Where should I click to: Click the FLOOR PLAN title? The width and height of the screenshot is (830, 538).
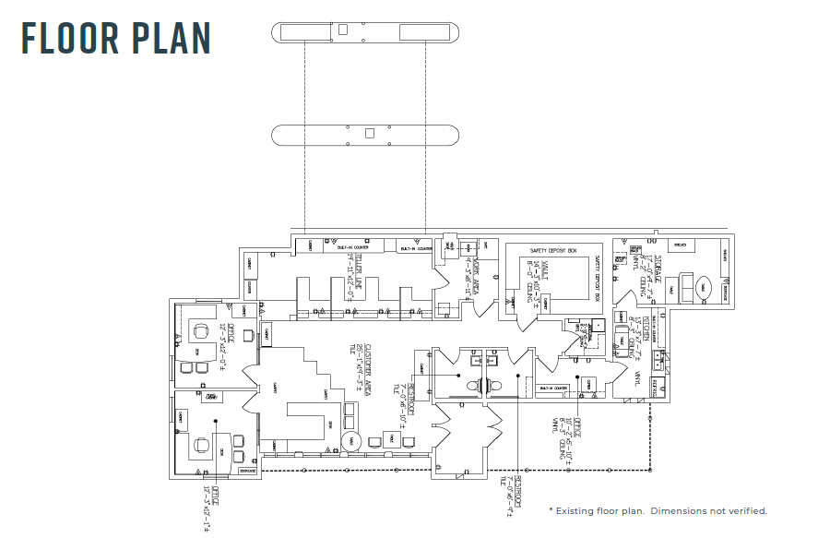[116, 38]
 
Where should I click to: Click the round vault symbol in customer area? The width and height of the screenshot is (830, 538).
[350, 440]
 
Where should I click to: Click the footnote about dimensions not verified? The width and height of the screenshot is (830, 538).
[658, 510]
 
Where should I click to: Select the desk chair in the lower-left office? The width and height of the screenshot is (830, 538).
[201, 444]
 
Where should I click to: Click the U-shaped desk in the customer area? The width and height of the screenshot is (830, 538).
[307, 418]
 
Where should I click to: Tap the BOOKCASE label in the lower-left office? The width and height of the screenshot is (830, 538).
[246, 471]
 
